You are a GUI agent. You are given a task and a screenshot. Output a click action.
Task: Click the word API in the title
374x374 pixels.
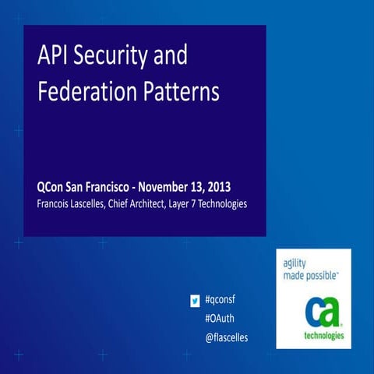pyautogui.click(x=54, y=58)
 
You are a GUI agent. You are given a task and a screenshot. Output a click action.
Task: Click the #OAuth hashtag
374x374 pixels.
pyautogui.click(x=221, y=319)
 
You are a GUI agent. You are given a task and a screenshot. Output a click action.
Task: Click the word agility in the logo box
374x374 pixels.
pyautogui.click(x=295, y=263)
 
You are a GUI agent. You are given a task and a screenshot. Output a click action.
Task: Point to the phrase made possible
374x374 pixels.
pyautogui.click(x=310, y=276)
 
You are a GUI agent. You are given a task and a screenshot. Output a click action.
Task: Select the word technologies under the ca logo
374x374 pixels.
pyautogui.click(x=313, y=337)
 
